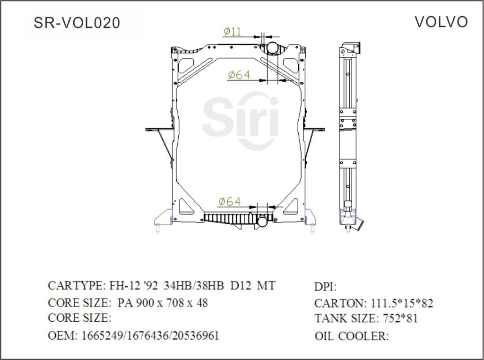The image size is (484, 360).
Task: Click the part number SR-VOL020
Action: [77, 23]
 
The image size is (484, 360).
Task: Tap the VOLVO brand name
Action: [441, 22]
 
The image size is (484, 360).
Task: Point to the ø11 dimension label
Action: [232, 31]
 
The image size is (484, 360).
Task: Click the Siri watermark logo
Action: [241, 119]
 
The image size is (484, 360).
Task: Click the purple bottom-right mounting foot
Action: [311, 221]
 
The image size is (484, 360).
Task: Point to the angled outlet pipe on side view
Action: [354, 224]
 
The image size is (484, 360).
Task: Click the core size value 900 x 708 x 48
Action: [173, 303]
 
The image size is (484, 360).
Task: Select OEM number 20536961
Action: [197, 336]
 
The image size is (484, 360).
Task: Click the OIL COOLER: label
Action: [351, 336]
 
